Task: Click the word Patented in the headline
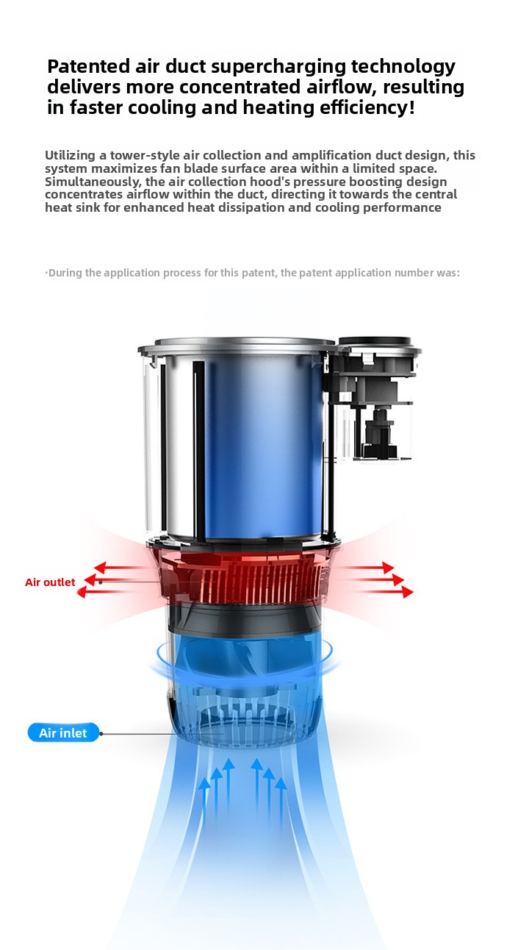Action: (89, 67)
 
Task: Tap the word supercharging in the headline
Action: (278, 68)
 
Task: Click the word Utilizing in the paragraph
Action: (70, 156)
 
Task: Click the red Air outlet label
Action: (50, 582)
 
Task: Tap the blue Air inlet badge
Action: (63, 732)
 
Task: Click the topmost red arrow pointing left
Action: (120, 567)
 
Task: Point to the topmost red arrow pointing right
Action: (367, 567)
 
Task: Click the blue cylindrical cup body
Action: (263, 446)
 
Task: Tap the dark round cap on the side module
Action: (375, 341)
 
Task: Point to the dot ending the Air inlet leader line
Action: (101, 733)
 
